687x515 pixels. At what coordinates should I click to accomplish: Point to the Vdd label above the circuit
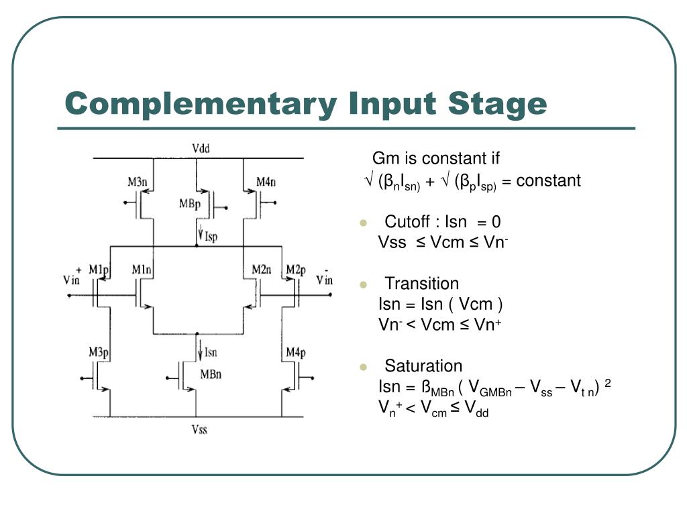tap(201, 149)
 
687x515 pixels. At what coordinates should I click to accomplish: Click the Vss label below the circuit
tap(199, 429)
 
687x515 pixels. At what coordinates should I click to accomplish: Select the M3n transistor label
tap(140, 182)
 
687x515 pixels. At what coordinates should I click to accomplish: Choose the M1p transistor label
tap(98, 270)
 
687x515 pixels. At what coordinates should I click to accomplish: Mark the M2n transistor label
tap(262, 270)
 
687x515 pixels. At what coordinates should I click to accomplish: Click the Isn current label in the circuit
tap(210, 352)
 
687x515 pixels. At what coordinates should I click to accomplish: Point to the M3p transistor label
tap(99, 352)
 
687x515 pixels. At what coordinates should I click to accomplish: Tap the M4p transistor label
tap(296, 352)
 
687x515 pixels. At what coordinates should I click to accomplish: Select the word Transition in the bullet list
tap(421, 284)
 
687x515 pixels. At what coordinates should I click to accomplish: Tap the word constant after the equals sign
tap(548, 181)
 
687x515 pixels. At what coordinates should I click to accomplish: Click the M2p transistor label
tap(296, 270)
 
